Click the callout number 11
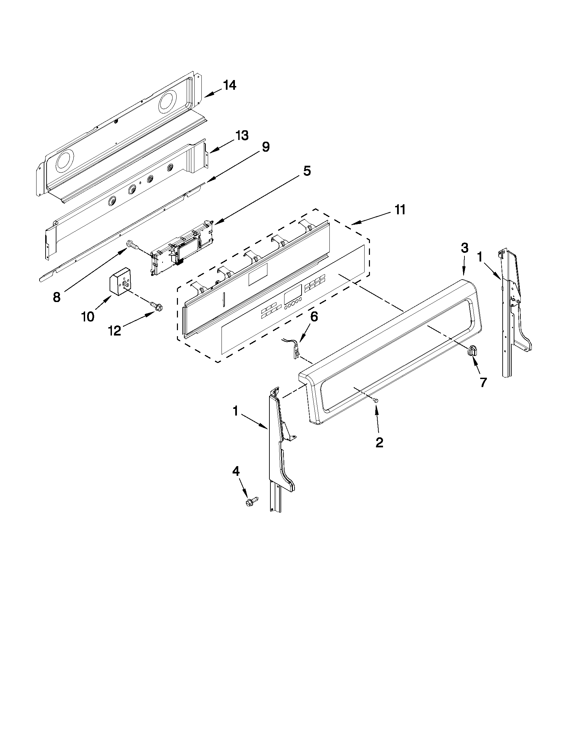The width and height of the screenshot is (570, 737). (x=400, y=210)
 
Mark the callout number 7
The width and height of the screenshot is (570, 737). (x=483, y=382)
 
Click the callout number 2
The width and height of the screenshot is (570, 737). (x=379, y=442)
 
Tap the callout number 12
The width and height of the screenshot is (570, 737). (x=115, y=331)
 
